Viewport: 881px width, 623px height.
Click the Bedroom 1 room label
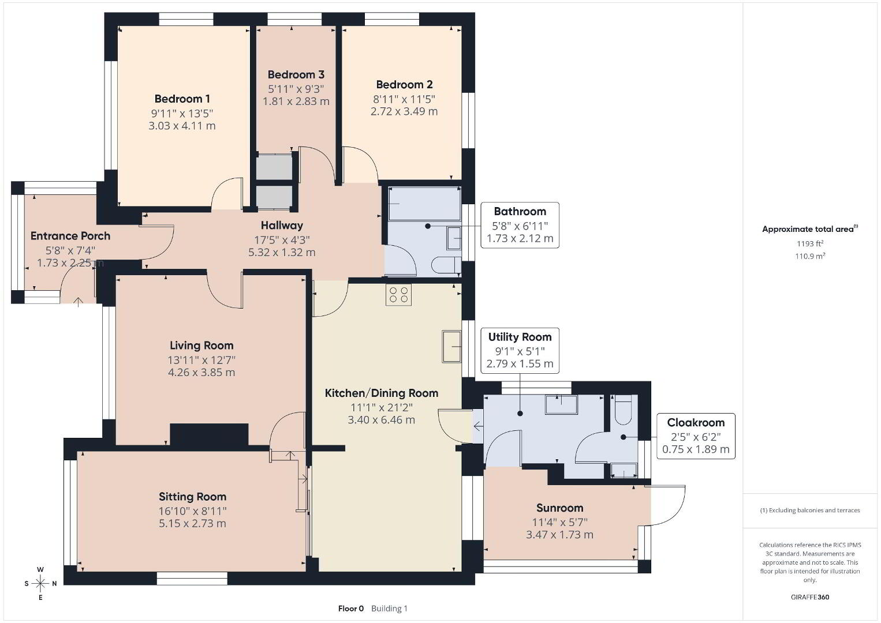tap(182, 99)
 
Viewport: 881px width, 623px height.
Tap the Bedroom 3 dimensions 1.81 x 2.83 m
tap(296, 102)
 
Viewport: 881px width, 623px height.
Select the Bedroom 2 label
tap(404, 84)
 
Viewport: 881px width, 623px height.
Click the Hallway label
tap(282, 225)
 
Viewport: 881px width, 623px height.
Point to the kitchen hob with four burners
tap(398, 295)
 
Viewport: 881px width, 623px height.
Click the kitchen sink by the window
tap(451, 346)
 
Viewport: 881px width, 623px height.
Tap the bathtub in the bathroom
tap(424, 204)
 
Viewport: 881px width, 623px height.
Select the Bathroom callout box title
tap(520, 212)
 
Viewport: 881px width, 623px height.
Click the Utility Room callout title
tap(520, 337)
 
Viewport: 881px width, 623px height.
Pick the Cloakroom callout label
tap(696, 422)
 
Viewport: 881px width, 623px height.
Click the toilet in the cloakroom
tap(623, 410)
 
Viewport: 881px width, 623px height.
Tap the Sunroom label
tap(559, 508)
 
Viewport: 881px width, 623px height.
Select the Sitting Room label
tap(192, 497)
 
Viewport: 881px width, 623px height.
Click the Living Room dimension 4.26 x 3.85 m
tap(201, 372)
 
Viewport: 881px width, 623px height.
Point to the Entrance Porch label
tap(70, 236)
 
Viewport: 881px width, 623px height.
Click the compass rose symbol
tap(40, 584)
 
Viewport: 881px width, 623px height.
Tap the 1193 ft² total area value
tap(810, 243)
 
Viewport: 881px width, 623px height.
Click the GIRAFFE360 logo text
tap(810, 597)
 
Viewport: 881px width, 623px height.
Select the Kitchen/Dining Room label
tap(381, 393)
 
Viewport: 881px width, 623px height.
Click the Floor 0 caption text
tap(351, 609)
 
